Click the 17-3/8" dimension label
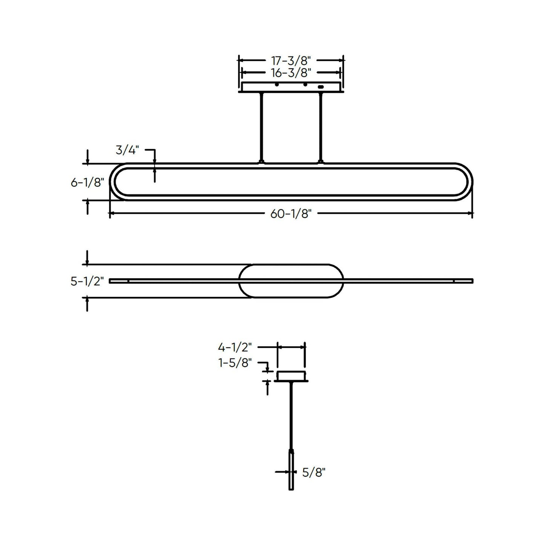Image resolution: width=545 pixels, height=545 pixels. click(291, 60)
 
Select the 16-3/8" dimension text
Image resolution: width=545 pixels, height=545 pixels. click(291, 72)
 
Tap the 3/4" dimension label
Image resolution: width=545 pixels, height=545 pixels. click(127, 150)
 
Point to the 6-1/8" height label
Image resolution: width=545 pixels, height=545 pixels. click(87, 183)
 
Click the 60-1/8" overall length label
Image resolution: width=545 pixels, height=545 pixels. click(291, 214)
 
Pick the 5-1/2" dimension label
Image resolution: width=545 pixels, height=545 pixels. click(87, 281)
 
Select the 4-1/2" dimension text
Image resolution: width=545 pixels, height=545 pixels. click(235, 347)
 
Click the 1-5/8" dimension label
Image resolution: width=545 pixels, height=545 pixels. click(235, 363)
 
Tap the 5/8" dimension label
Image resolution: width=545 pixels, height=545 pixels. click(313, 472)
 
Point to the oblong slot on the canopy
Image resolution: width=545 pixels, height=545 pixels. click(321, 87)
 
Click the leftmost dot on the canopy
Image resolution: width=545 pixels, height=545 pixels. click(277, 84)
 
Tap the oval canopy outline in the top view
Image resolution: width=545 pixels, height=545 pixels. click(291, 265)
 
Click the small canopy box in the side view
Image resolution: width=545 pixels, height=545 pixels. click(291, 376)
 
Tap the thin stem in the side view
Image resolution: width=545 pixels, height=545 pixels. click(291, 415)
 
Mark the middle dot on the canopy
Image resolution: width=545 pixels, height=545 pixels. click(305, 84)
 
